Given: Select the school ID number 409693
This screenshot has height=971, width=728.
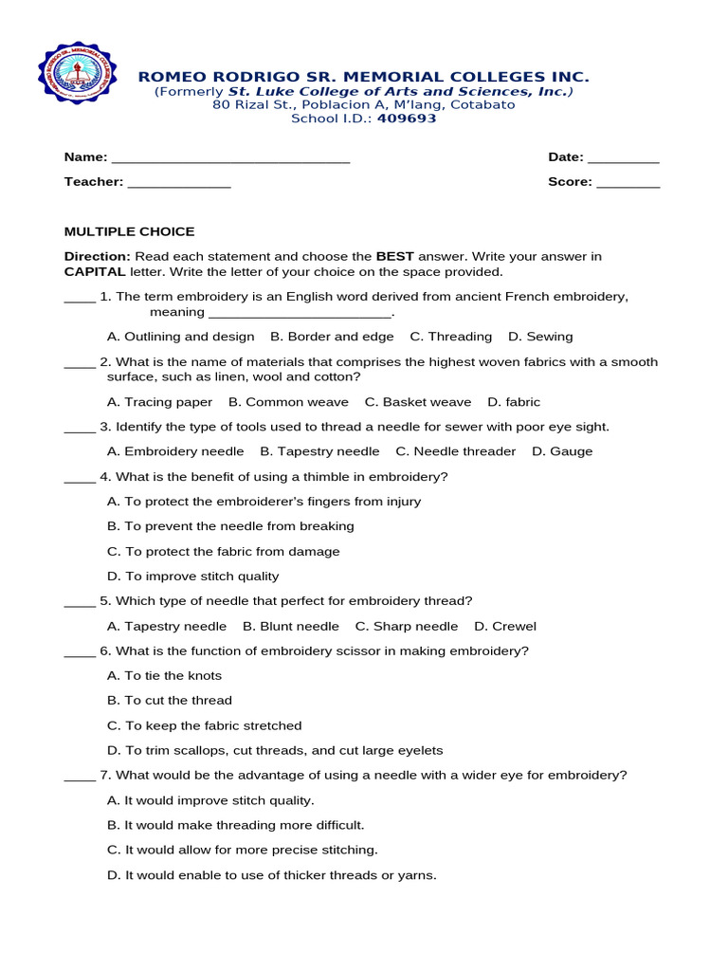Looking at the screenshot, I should click(407, 119).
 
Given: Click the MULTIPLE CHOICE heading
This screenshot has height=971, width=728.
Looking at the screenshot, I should click(129, 231).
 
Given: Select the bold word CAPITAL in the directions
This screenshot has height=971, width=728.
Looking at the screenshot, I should click(95, 271).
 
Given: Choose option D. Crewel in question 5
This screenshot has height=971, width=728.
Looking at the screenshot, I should click(505, 626).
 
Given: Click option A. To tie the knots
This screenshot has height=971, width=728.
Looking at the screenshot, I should click(164, 676).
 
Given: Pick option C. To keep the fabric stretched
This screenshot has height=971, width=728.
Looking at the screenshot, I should click(204, 725).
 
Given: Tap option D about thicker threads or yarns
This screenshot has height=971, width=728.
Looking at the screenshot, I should click(272, 875).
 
